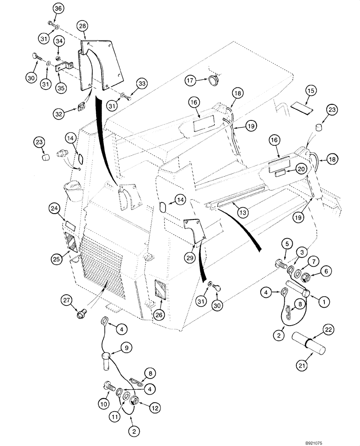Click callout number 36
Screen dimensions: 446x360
pos(58,8)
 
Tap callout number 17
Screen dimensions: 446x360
pos(192,80)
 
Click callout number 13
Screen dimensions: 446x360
pos(243,213)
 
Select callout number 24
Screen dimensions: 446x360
pos(54,208)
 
